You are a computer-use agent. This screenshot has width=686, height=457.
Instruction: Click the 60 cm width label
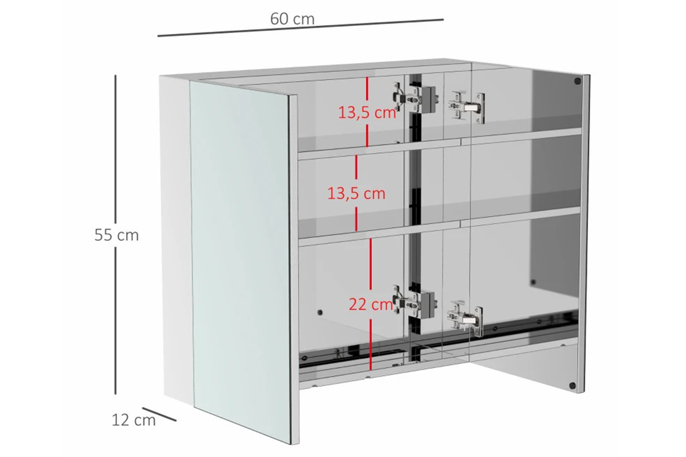pos(293,19)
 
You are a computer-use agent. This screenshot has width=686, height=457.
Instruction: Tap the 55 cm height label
pos(116,235)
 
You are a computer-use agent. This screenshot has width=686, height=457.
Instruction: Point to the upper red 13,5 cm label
pos(367,112)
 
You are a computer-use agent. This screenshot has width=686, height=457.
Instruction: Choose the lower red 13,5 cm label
pos(356,193)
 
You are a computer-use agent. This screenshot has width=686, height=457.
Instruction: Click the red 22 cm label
pos(371,304)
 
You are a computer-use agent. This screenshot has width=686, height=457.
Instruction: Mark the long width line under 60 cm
pos(300,28)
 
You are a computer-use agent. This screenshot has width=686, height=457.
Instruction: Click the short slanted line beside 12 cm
pos(159,414)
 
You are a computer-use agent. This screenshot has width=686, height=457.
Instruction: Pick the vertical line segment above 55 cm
pos(115,149)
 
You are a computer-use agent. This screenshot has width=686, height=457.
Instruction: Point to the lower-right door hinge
pos(465,319)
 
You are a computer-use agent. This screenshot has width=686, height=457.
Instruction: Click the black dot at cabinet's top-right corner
pos(577,81)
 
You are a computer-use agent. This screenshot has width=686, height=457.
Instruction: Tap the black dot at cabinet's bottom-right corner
pos(572,385)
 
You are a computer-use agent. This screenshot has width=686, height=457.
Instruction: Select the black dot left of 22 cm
pos(320,313)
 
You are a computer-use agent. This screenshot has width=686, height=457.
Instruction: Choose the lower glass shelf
pos(440,226)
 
